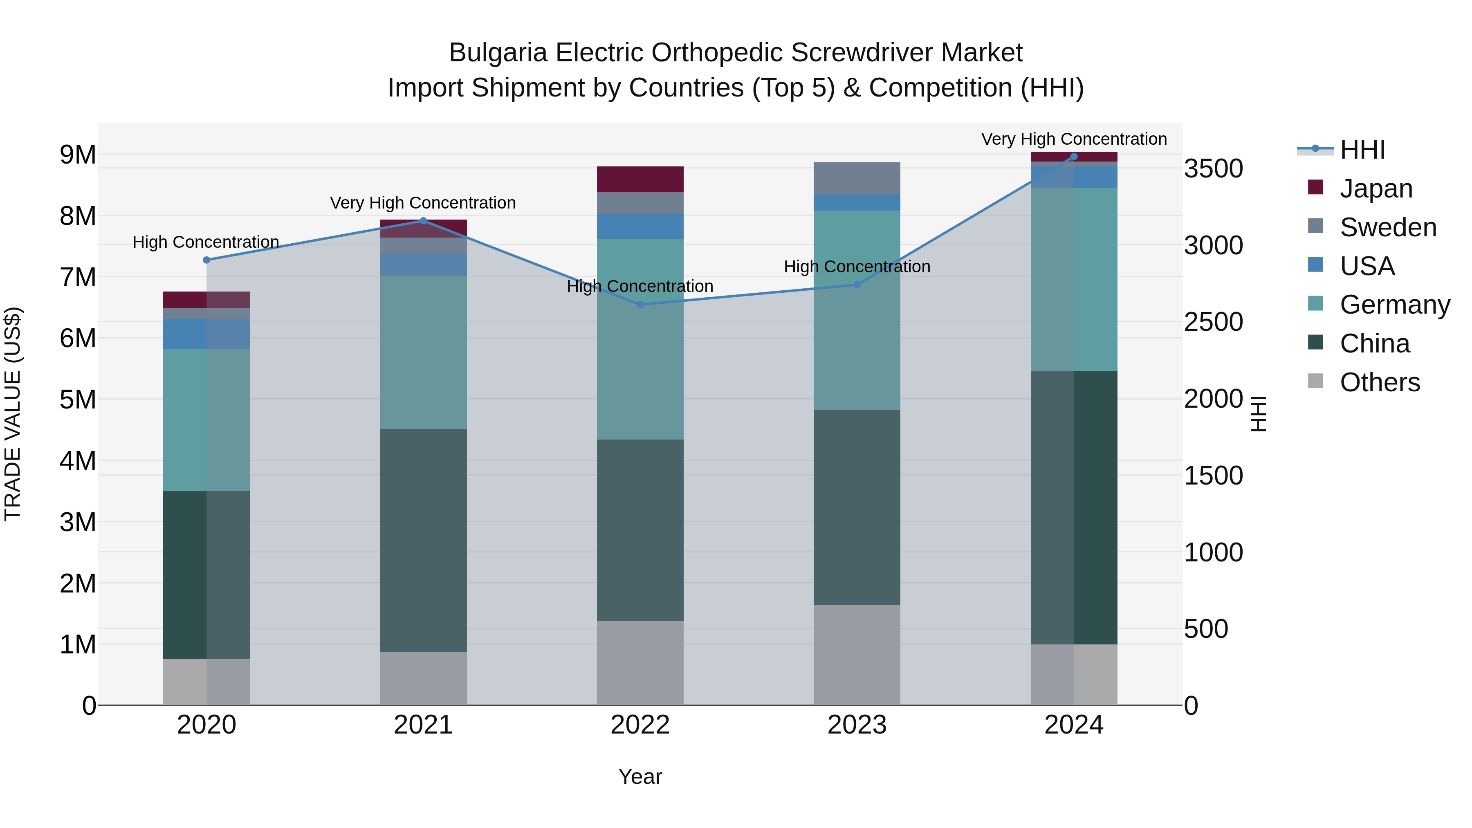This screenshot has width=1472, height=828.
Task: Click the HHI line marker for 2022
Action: point(640,305)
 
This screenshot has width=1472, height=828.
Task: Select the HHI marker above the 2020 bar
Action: point(207,260)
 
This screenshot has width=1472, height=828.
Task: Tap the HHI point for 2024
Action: point(1074,157)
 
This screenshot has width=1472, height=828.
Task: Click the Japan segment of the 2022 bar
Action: point(640,180)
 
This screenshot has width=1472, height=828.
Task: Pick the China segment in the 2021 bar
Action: point(424,540)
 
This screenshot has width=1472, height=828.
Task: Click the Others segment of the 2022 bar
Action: point(640,662)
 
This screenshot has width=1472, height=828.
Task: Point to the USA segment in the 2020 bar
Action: point(206,334)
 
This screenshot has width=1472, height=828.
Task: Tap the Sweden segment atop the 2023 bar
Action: point(857,178)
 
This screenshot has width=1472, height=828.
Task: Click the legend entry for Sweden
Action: point(1387,227)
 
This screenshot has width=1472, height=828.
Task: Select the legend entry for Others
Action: point(1380,382)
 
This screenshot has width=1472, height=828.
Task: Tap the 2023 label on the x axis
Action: point(857,725)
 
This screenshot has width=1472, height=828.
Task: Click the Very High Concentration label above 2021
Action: point(423,203)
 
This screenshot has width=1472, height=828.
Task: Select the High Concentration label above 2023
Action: point(857,267)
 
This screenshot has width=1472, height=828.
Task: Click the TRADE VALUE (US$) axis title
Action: point(13,414)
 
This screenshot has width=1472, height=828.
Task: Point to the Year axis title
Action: point(640,776)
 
